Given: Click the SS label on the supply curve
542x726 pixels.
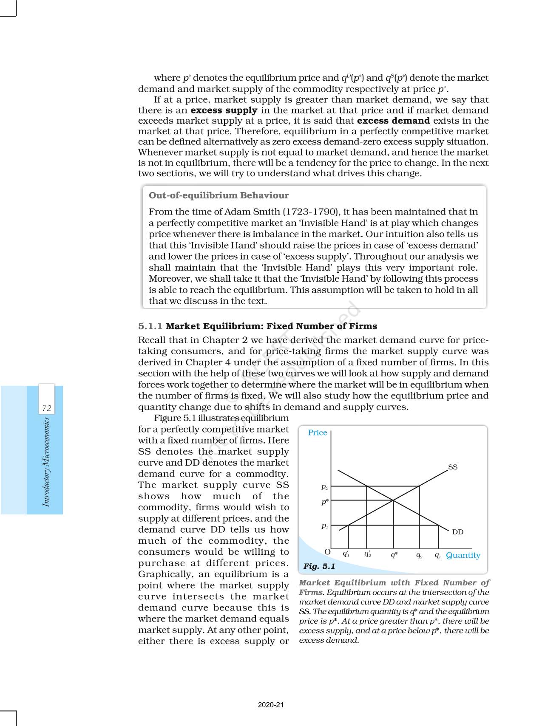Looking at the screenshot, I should click(453, 467).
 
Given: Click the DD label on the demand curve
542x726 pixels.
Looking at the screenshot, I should click(457, 532).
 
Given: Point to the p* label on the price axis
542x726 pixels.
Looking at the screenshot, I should click(325, 502).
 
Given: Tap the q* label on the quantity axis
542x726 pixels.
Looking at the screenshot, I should click(394, 555).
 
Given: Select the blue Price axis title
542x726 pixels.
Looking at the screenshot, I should click(318, 432).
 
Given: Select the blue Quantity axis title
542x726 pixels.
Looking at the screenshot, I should click(463, 555).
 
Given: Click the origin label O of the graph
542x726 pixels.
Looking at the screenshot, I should click(327, 552).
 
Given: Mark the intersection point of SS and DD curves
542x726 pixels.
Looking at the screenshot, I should click(393, 500).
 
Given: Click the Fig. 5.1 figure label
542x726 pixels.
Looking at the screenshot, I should click(319, 566).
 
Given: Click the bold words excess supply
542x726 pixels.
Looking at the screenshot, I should click(224, 110).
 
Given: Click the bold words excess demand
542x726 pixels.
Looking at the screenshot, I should click(394, 121).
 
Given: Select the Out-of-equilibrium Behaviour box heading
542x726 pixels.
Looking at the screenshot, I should click(219, 195).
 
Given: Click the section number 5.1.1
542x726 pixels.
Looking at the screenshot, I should click(150, 326).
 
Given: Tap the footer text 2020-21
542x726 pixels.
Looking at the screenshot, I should click(271, 705).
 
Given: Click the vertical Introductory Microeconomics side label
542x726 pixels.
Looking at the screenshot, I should click(46, 462).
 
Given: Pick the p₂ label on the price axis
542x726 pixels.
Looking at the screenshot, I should click(324, 487).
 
